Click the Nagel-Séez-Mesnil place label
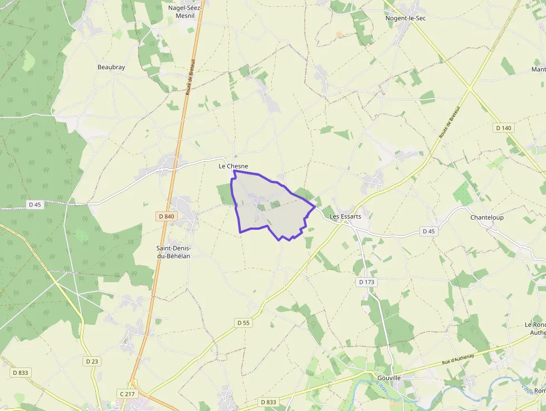point(184,12)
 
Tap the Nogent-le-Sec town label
point(406,18)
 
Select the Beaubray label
point(111,67)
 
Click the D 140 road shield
point(504,128)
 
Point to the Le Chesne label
point(233,166)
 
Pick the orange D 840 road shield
point(166,216)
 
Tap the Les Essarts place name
point(345,216)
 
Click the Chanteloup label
point(487,217)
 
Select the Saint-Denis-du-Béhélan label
point(173,252)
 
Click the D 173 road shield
point(367,282)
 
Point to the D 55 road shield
point(243,322)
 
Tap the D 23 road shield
point(92,361)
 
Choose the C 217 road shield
point(128,394)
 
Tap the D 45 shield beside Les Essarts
point(428,231)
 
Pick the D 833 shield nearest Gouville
point(267,402)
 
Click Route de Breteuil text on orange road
point(189,76)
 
